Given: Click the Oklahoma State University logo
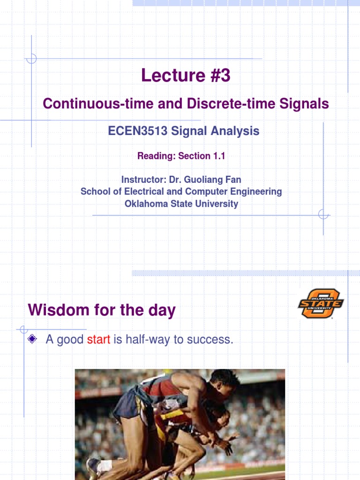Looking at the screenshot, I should (321, 304).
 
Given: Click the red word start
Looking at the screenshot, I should (98, 340).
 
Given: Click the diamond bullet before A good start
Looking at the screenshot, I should (32, 339).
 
